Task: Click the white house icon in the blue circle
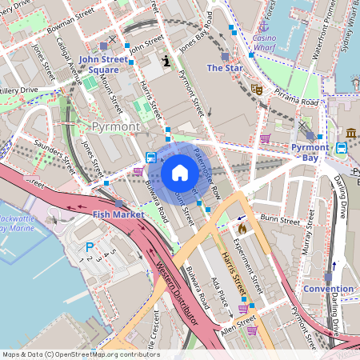click(x=179, y=173)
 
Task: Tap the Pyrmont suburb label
click(x=116, y=126)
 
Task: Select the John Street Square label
click(x=104, y=64)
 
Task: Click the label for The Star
click(x=225, y=68)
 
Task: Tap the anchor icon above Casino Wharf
click(x=271, y=26)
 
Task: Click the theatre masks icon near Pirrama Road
click(x=257, y=89)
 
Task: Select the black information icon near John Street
click(x=166, y=60)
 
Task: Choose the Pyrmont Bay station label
click(x=310, y=152)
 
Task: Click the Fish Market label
click(x=118, y=214)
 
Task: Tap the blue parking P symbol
click(x=89, y=248)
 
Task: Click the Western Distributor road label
click(x=177, y=291)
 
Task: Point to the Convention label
click(x=328, y=289)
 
